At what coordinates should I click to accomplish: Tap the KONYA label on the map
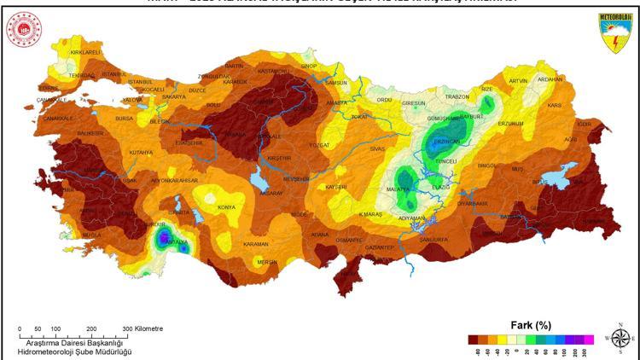click(x=226, y=207)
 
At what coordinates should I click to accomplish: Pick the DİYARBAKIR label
click(x=472, y=204)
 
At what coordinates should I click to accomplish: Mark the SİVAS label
click(x=378, y=148)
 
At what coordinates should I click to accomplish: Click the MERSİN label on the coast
click(x=268, y=262)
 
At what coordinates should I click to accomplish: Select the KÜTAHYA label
click(x=141, y=153)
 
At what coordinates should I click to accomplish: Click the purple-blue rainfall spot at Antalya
click(x=163, y=236)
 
